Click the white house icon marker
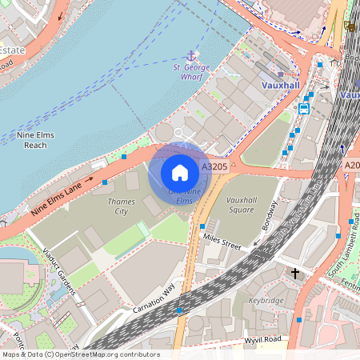(179, 172)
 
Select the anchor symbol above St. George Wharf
(190, 56)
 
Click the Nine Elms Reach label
(35, 140)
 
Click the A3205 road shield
(215, 166)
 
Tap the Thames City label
(121, 206)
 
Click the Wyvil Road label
(263, 339)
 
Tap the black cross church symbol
(295, 274)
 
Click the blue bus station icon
(304, 109)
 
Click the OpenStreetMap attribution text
(80, 354)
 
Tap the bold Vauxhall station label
(280, 84)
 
